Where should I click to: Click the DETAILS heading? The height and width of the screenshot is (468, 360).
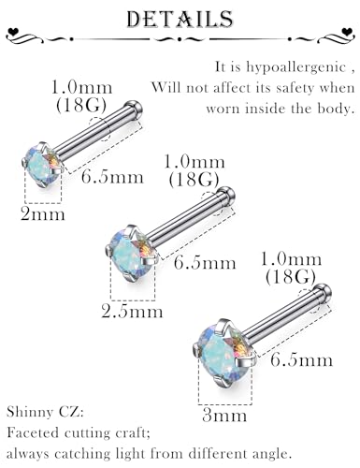(180, 19)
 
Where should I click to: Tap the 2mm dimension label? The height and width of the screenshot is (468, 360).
(43, 214)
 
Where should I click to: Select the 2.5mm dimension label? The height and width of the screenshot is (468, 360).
(132, 312)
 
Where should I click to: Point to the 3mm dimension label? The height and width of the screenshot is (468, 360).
(224, 416)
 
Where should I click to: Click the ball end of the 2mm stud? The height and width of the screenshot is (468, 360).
(134, 109)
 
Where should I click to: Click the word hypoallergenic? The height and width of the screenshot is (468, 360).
(296, 67)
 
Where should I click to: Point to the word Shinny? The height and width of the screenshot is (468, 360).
(30, 413)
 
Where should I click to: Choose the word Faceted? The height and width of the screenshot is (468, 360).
(34, 432)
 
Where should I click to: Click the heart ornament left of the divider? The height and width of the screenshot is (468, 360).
(13, 32)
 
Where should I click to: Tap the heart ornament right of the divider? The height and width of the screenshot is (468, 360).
(347, 32)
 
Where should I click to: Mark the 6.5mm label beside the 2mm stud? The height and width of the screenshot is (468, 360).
(112, 177)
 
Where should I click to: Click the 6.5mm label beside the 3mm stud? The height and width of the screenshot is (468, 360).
(301, 359)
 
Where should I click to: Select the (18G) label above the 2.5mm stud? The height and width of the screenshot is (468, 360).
(194, 180)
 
